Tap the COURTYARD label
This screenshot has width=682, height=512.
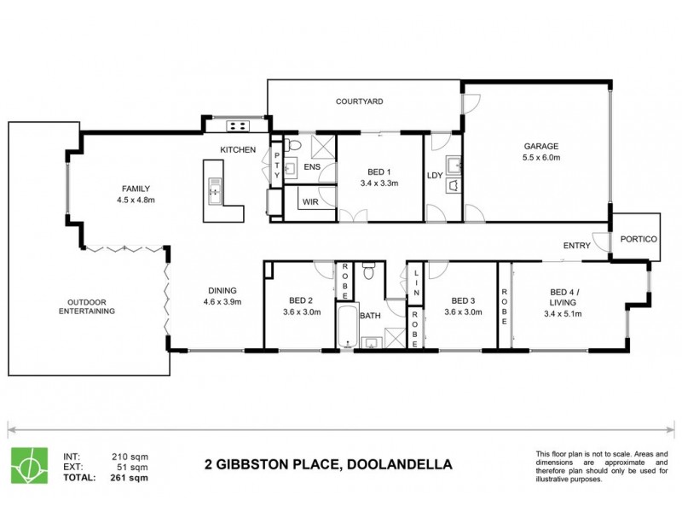(x=357, y=102)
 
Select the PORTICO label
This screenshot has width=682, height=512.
(x=638, y=240)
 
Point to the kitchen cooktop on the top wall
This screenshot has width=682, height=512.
(x=236, y=126)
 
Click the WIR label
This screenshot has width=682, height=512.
(x=309, y=201)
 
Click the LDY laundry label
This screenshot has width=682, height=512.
(x=433, y=176)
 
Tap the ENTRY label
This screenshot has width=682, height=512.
(x=577, y=246)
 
